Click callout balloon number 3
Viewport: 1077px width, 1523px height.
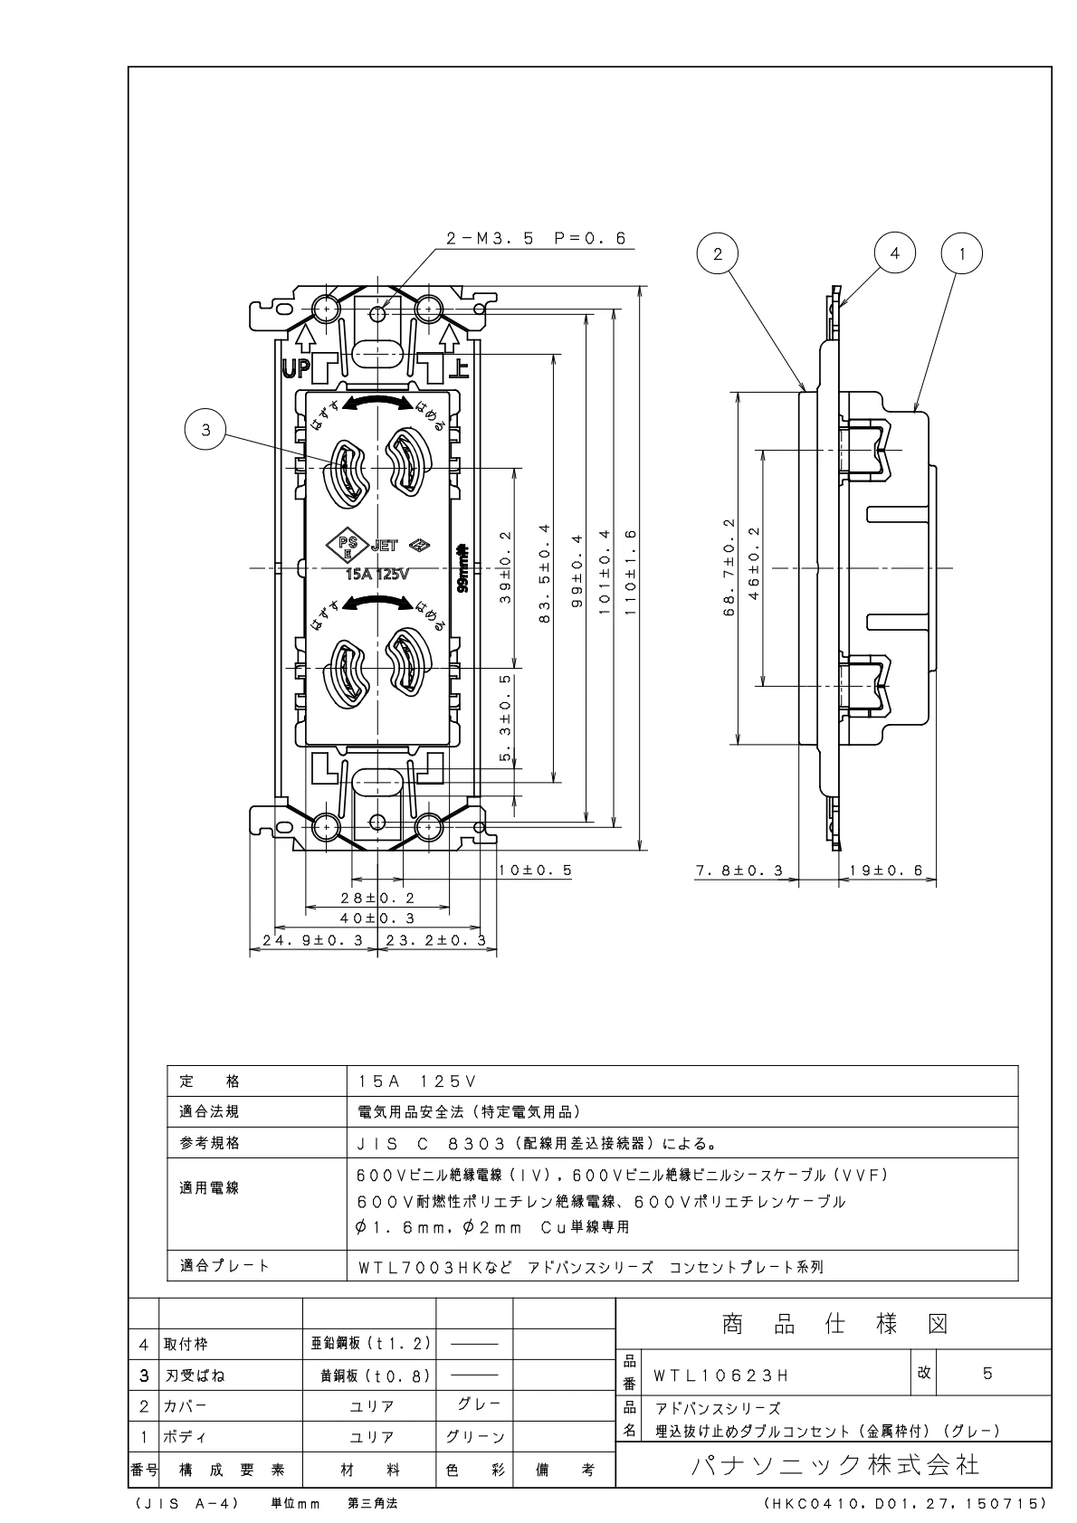coord(206,430)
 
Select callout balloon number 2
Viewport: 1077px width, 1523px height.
coord(719,254)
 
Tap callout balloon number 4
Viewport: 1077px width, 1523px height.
coord(895,254)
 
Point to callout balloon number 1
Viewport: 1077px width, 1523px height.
coord(963,254)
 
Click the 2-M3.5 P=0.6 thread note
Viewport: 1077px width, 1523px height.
coord(536,239)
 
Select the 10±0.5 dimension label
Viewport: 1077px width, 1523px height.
coord(535,870)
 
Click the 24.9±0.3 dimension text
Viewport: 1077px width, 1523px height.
coord(312,940)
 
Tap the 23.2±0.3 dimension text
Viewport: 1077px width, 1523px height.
coord(435,940)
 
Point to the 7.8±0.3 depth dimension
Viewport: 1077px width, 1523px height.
coord(739,871)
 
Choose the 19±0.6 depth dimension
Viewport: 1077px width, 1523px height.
coord(886,871)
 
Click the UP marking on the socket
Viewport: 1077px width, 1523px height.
coord(295,368)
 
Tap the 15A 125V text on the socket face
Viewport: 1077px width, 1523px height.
coord(377,574)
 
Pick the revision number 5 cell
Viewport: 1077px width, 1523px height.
coord(987,1373)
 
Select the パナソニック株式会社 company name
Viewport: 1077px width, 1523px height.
coord(834,1465)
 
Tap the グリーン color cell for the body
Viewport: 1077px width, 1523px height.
coord(474,1437)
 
